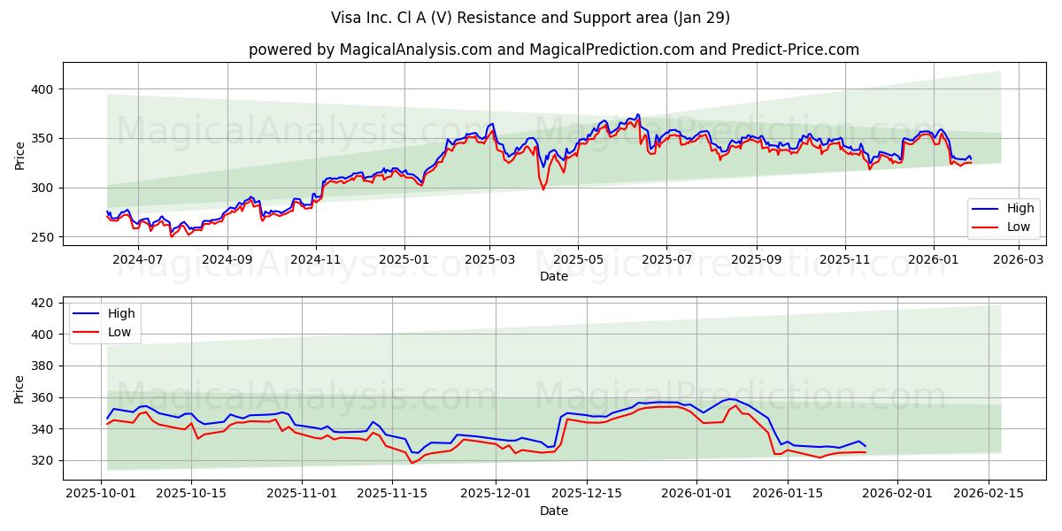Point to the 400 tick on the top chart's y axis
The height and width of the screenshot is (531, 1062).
coord(43,89)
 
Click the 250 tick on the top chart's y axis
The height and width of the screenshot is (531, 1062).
coord(43,237)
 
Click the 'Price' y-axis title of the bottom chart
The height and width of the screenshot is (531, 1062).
coord(19,389)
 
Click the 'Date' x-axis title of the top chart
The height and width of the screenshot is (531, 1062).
coord(554,276)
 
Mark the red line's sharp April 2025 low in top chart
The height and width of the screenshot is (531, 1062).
coord(543,189)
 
